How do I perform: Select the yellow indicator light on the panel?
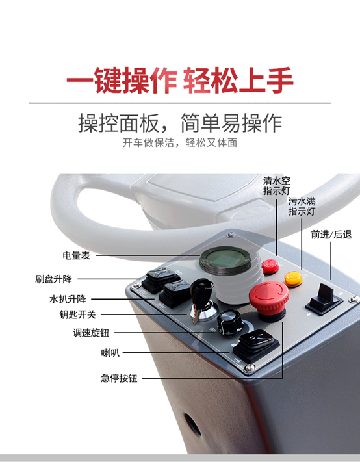(x=292, y=277)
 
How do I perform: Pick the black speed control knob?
(x=228, y=320)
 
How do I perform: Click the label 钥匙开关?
(x=77, y=315)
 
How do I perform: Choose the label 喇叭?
(x=110, y=353)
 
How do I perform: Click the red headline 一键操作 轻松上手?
(x=180, y=81)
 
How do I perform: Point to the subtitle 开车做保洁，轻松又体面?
(x=180, y=143)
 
